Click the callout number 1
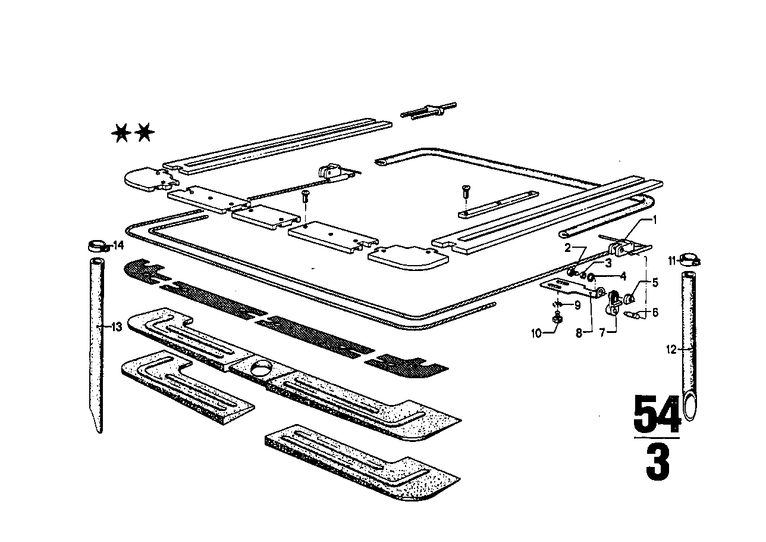click(655, 220)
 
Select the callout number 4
click(623, 276)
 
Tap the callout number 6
click(655, 312)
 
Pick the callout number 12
click(671, 350)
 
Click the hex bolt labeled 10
click(558, 320)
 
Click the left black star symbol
click(121, 133)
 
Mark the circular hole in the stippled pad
click(259, 368)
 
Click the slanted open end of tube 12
click(689, 407)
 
